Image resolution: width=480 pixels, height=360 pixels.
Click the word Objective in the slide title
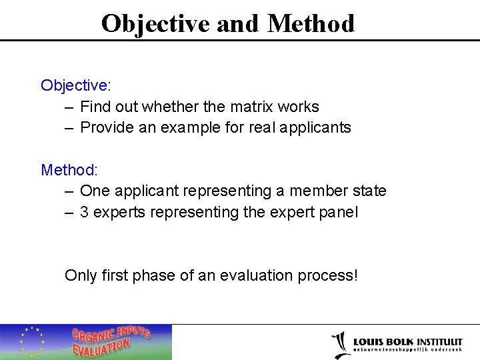coord(157,23)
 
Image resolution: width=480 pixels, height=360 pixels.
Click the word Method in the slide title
coord(311,23)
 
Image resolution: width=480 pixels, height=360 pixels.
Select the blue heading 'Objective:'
coord(75,85)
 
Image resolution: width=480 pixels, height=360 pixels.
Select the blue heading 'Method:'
coord(69,170)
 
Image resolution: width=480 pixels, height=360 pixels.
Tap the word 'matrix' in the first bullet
coord(251,107)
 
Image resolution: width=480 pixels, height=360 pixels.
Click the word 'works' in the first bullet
coord(298,107)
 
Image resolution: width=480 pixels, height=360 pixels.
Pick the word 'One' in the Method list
coord(95,191)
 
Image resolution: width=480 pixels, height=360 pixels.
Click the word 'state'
coord(367,191)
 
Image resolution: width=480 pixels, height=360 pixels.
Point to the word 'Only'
coord(81,275)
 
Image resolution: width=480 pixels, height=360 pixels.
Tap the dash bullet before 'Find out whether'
coord(69,107)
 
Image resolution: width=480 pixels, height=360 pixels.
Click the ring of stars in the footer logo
coord(31,341)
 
